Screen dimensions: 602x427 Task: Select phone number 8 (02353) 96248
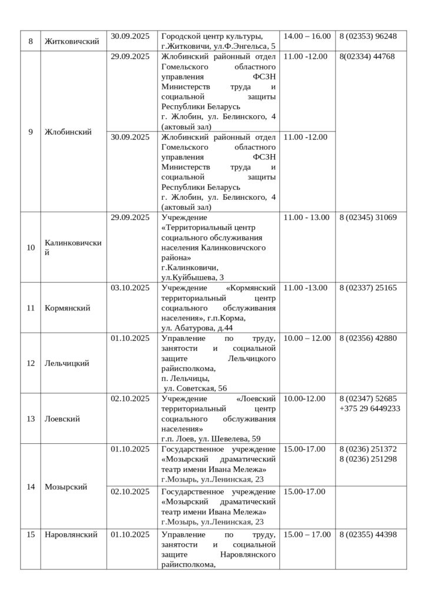(368, 36)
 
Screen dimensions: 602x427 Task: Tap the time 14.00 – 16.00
(307, 36)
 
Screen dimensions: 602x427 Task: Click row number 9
(31, 132)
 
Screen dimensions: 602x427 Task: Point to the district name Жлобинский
(68, 132)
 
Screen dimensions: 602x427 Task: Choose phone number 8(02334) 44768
(367, 57)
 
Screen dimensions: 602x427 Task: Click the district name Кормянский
(67, 307)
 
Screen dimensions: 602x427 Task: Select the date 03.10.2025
(130, 288)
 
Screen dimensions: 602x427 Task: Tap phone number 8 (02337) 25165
(368, 288)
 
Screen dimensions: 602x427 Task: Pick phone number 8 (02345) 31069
(368, 218)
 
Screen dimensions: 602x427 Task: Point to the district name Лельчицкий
(67, 363)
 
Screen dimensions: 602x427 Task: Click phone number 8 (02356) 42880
(368, 339)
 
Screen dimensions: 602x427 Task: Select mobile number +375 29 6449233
(370, 408)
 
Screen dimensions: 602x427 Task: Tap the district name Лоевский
(62, 419)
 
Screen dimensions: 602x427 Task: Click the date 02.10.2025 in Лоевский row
(130, 399)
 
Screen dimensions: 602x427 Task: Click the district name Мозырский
(66, 487)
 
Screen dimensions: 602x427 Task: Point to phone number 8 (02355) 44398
(368, 534)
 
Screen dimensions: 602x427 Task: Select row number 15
(31, 534)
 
